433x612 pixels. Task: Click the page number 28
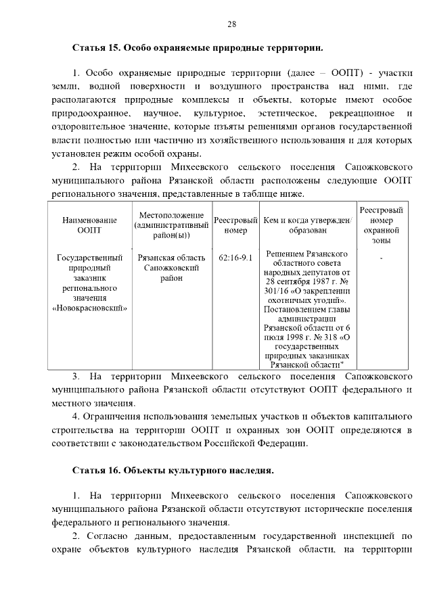231,24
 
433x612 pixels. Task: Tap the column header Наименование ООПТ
89,225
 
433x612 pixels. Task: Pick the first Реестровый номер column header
235,225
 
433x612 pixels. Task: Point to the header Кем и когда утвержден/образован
307,225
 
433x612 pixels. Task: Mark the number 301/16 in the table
277,291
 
